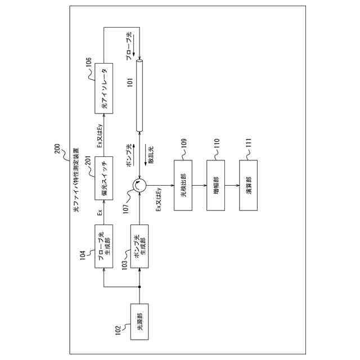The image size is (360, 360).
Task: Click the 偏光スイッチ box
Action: [103, 179]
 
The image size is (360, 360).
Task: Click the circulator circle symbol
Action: [139, 184]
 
